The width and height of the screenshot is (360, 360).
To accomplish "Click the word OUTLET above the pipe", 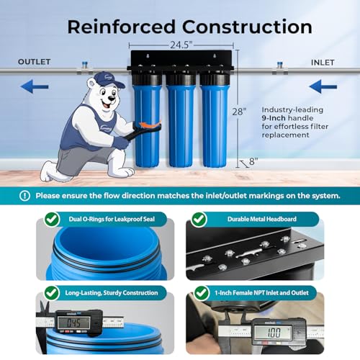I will tap(34, 62).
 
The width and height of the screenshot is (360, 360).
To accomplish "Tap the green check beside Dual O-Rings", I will tap(52, 218).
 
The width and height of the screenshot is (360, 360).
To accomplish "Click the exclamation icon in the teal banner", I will tap(25, 195).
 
